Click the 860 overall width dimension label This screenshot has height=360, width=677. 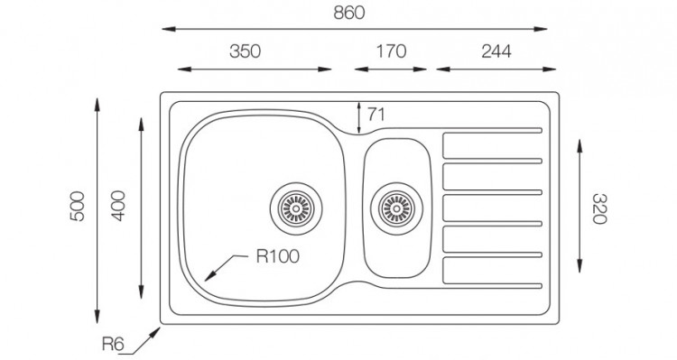(x=348, y=13)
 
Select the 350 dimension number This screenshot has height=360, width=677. (x=245, y=51)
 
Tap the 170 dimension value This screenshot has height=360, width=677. (x=391, y=51)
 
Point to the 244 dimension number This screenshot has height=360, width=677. (x=496, y=51)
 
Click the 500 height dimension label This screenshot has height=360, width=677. (x=78, y=207)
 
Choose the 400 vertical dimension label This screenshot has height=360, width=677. (x=118, y=206)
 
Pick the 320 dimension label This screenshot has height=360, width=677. (x=599, y=209)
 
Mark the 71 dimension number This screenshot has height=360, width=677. (x=376, y=115)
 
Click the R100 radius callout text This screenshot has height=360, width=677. (x=278, y=256)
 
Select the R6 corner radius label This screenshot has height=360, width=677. (x=113, y=344)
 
